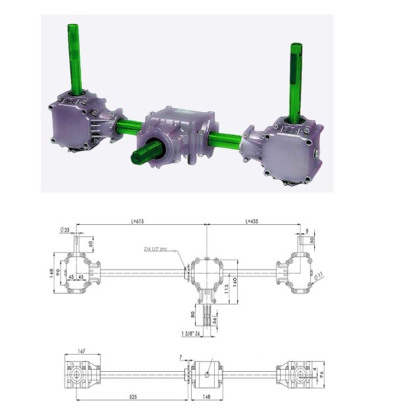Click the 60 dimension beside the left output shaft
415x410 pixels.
[x=91, y=245]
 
